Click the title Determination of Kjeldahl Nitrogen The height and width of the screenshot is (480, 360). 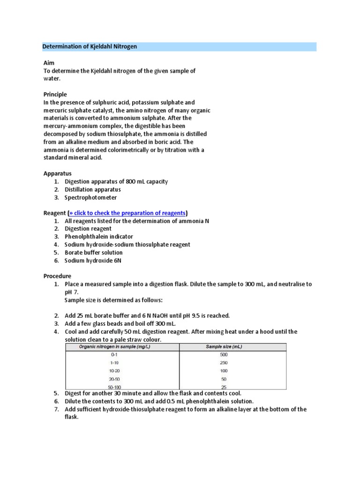coord(90,47)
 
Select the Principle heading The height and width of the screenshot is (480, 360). coord(55,94)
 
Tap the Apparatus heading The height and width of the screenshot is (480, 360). coord(57,173)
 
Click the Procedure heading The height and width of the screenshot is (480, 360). coord(57,276)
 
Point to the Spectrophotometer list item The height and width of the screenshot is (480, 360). coord(90,197)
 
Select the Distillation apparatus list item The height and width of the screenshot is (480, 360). coord(92,189)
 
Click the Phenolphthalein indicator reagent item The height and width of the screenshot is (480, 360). coord(98,237)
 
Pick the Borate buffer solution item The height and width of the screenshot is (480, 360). coord(93,253)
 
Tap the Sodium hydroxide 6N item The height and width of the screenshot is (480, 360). coord(93,261)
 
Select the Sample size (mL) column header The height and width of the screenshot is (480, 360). coord(224,347)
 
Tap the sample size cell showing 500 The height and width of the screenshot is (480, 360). coord(224,355)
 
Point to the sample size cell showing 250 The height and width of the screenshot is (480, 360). coord(224,363)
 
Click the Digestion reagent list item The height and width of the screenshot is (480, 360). coord(88,229)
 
